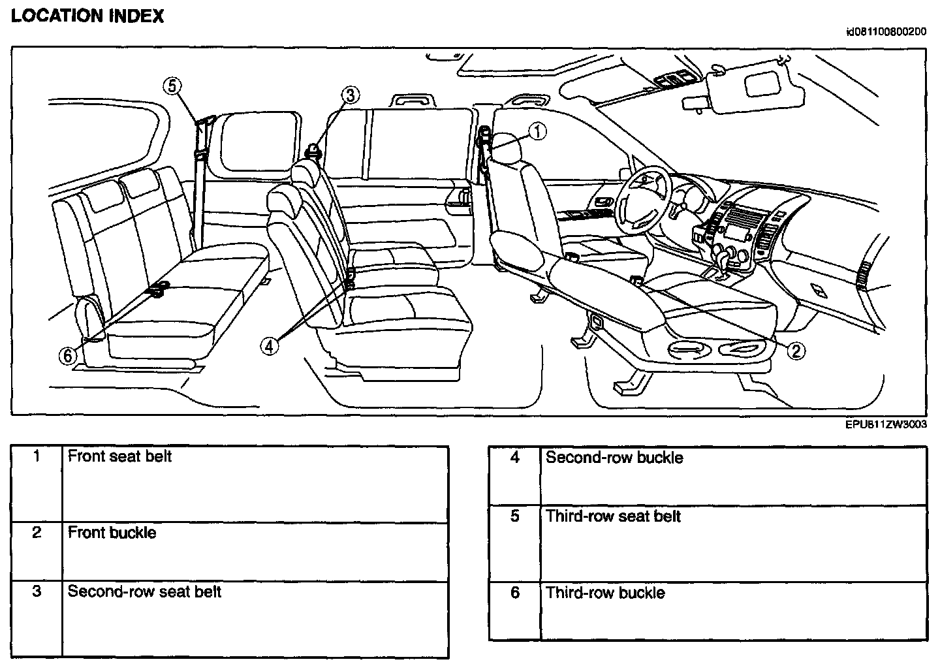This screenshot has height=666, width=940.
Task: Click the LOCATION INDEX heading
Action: click(x=87, y=16)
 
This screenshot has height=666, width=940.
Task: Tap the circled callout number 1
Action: click(x=537, y=132)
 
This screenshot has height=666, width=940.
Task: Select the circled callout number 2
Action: click(x=795, y=351)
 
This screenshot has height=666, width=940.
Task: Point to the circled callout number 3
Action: click(x=351, y=95)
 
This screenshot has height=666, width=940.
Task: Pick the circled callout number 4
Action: click(x=270, y=347)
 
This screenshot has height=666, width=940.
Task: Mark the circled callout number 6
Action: click(x=67, y=355)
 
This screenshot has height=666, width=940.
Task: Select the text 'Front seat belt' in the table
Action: click(x=119, y=456)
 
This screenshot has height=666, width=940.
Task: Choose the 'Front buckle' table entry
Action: click(x=112, y=533)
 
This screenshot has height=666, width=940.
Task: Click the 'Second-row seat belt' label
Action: click(x=144, y=592)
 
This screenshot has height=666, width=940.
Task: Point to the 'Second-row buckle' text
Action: click(x=614, y=457)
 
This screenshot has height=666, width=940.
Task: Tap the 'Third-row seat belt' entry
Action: click(x=613, y=516)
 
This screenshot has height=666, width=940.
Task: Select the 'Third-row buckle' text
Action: click(x=605, y=593)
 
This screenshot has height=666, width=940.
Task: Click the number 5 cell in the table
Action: click(x=514, y=516)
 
